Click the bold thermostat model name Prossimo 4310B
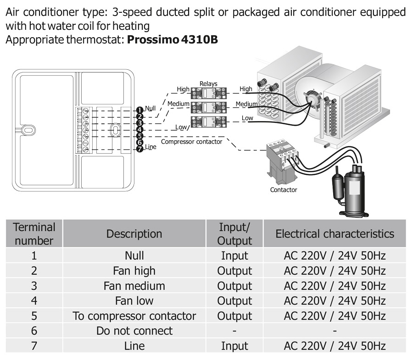tap(172, 39)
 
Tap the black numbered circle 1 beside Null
tap(140, 110)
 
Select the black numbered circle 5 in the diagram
tap(140, 136)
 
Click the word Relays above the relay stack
tap(208, 83)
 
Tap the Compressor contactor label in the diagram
tap(192, 142)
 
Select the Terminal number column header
tap(34, 233)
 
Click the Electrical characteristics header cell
tap(335, 233)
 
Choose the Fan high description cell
tap(134, 271)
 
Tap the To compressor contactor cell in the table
tap(134, 316)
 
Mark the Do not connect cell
tap(134, 331)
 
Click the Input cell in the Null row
tap(234, 255)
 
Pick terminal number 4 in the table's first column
tap(34, 301)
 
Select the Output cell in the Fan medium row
tap(234, 286)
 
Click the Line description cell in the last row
tap(134, 346)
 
